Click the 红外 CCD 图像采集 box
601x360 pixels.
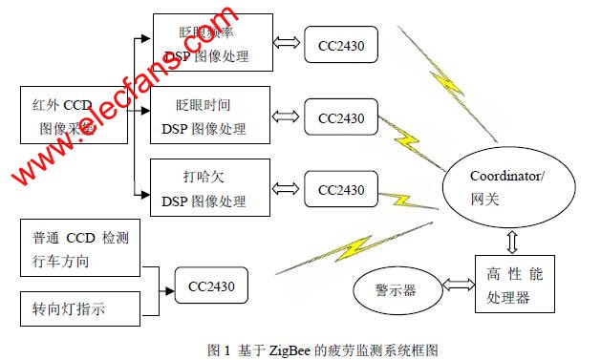click(74, 116)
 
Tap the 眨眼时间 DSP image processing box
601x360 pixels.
click(211, 117)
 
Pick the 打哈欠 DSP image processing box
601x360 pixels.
click(211, 189)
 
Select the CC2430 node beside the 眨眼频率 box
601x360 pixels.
click(341, 45)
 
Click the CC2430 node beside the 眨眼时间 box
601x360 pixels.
click(341, 118)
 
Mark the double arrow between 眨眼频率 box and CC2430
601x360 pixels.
click(288, 45)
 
